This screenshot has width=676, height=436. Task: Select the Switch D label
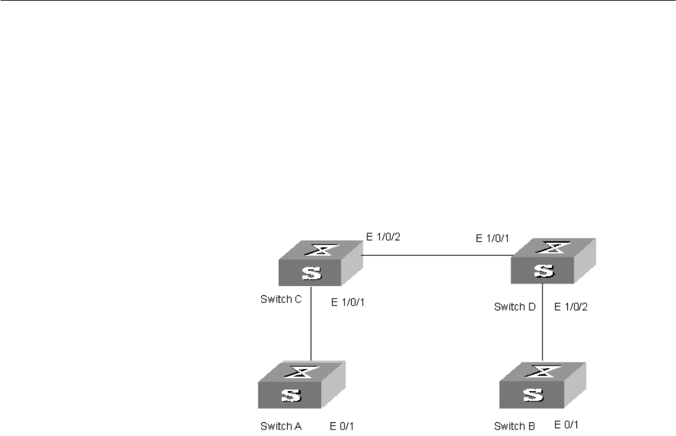tap(514, 305)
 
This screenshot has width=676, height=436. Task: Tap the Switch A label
tap(281, 427)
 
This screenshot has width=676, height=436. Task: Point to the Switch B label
tap(514, 427)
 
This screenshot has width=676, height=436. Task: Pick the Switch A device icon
tap(300, 387)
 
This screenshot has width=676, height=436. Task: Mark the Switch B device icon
tap(541, 387)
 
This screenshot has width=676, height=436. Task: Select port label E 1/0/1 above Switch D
tap(494, 239)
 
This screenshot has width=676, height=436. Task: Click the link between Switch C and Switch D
tap(436, 255)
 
